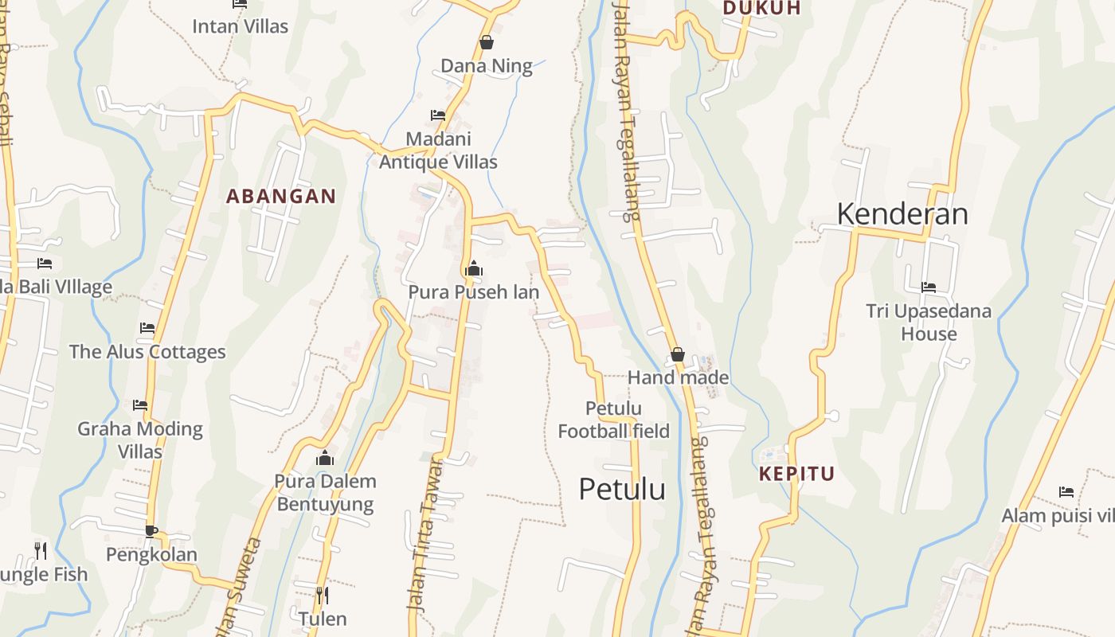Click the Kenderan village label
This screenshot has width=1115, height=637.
click(x=902, y=214)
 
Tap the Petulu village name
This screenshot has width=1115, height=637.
click(x=622, y=489)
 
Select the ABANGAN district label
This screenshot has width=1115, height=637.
click(x=280, y=197)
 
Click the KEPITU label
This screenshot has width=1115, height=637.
click(x=796, y=475)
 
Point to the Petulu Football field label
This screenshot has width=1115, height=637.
click(x=613, y=420)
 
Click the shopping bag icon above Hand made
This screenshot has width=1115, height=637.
click(x=678, y=354)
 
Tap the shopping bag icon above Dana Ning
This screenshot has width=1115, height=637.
click(x=487, y=42)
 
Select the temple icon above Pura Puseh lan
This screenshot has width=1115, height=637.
click(x=474, y=268)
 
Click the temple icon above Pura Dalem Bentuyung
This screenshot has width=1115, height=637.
click(x=325, y=458)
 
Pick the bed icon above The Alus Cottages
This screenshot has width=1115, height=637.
click(x=147, y=327)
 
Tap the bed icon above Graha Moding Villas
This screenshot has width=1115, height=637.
click(x=140, y=404)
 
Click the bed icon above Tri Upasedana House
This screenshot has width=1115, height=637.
click(x=928, y=287)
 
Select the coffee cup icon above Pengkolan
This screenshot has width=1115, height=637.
click(x=151, y=531)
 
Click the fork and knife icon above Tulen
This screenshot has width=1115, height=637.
click(x=323, y=595)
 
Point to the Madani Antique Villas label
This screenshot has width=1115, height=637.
click(x=438, y=150)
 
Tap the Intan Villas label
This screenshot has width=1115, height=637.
click(x=240, y=26)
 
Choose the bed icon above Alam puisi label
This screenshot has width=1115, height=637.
click(x=1066, y=491)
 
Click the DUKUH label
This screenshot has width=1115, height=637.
click(x=761, y=8)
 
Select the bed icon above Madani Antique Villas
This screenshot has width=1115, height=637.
click(x=438, y=115)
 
